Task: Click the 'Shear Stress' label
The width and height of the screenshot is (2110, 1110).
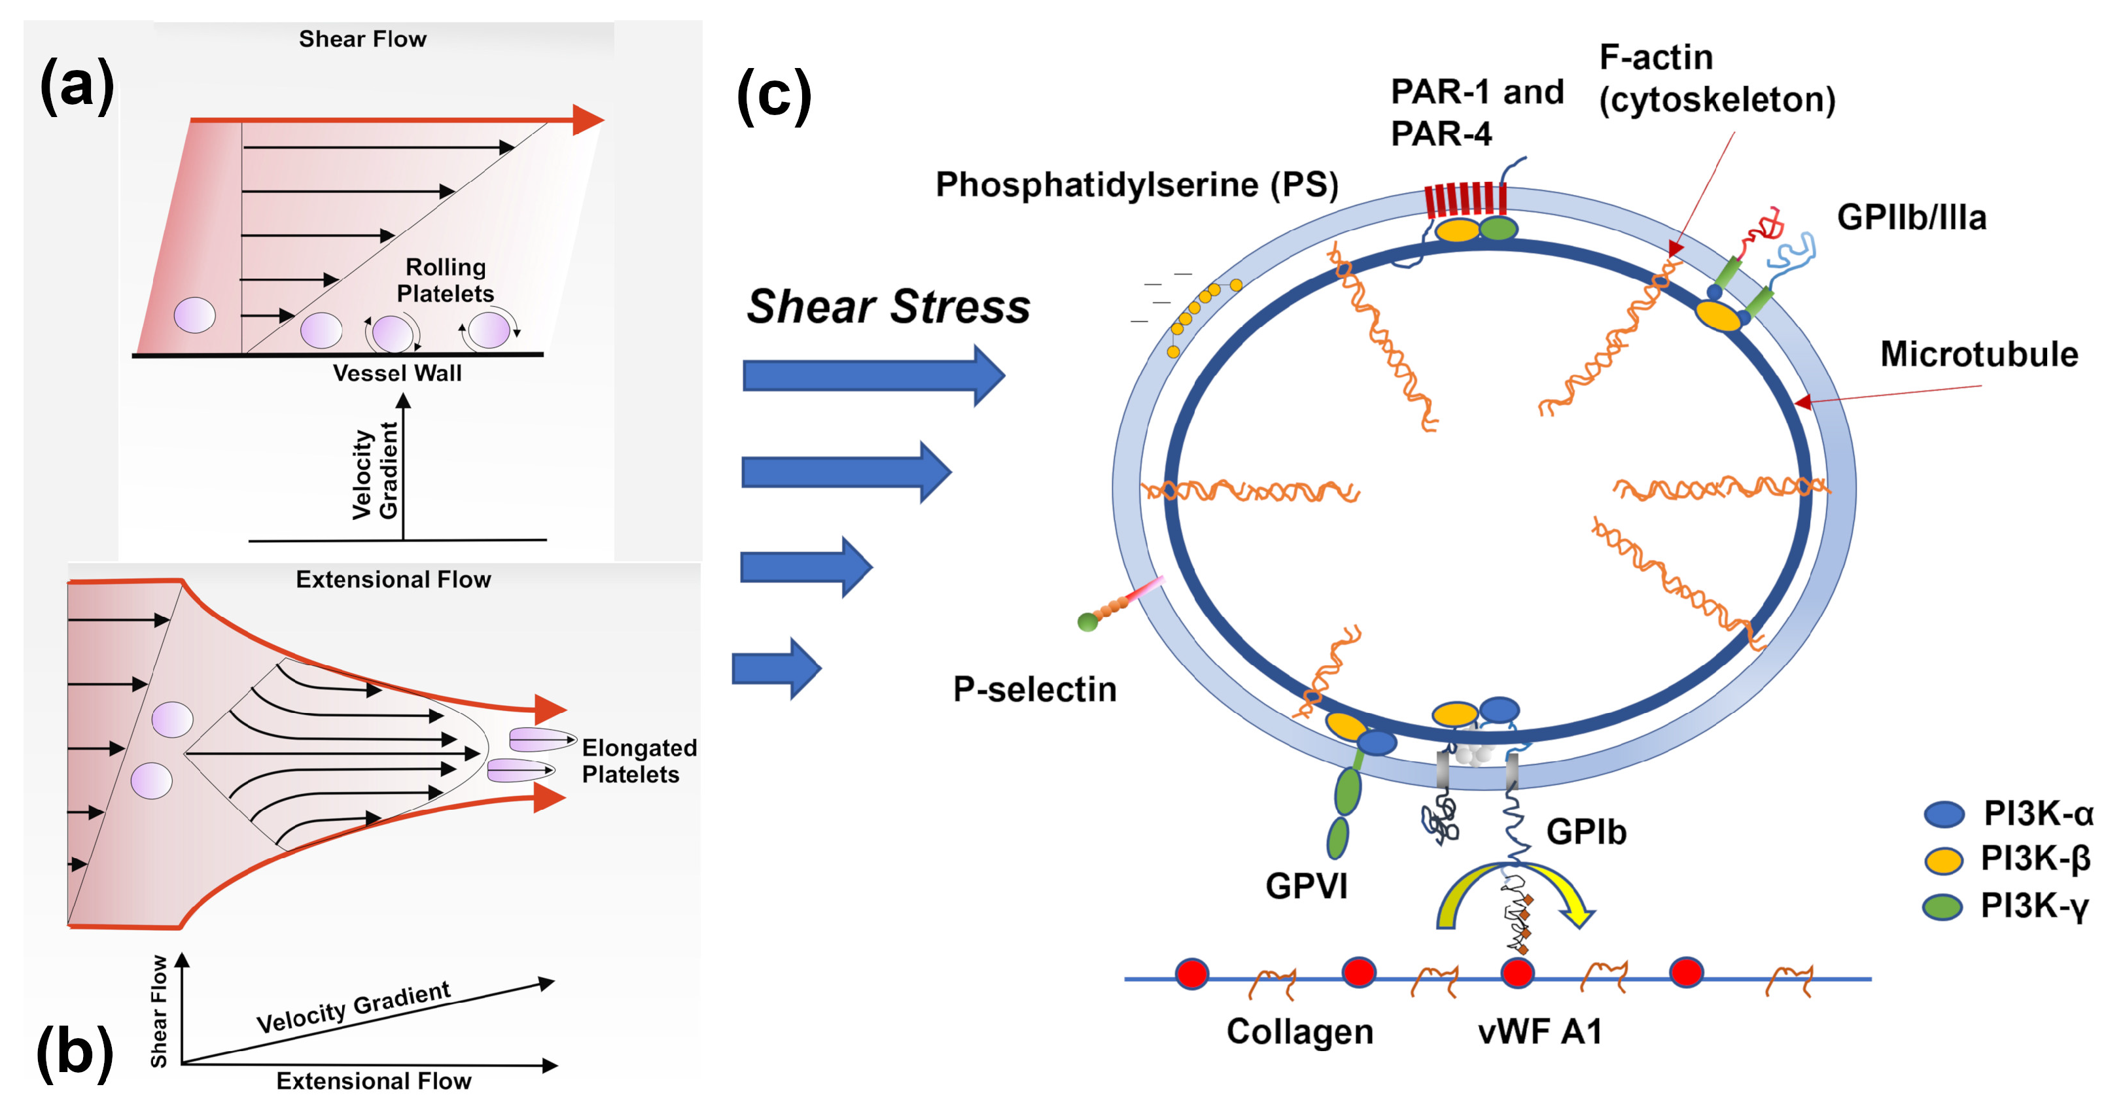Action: click(x=888, y=307)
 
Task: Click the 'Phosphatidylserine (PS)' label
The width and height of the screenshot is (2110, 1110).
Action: click(x=1136, y=185)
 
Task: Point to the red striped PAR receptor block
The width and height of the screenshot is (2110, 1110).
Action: click(x=1464, y=199)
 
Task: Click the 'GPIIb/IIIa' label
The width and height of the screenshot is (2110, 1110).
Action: click(x=1911, y=218)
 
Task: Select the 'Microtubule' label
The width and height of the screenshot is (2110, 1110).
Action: click(x=1978, y=355)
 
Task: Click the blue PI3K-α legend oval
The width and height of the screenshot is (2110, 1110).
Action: click(x=1943, y=814)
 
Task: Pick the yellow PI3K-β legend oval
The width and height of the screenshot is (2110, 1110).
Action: click(x=1943, y=860)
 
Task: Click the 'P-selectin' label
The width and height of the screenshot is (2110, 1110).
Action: click(x=1034, y=690)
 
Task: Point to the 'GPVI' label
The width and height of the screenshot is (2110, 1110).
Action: click(x=1306, y=886)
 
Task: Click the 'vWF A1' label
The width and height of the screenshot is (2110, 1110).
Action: click(x=1539, y=1032)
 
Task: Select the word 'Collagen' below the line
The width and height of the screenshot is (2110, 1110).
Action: click(x=1299, y=1032)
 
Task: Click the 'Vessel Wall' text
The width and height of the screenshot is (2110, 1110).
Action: click(x=397, y=373)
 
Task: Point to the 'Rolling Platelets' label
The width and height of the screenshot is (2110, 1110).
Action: click(x=446, y=280)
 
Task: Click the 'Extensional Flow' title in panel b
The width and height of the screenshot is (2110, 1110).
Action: click(x=393, y=580)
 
